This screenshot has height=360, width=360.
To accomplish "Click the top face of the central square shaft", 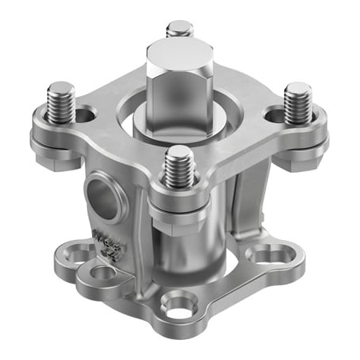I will click(x=179, y=56).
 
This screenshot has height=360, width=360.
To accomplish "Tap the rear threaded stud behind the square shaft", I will click(x=179, y=30).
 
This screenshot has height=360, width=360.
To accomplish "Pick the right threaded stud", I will click(x=298, y=102).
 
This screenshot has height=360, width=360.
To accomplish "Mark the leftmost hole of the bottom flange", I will click(x=80, y=255).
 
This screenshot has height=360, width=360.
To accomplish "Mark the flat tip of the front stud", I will click(x=180, y=150).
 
